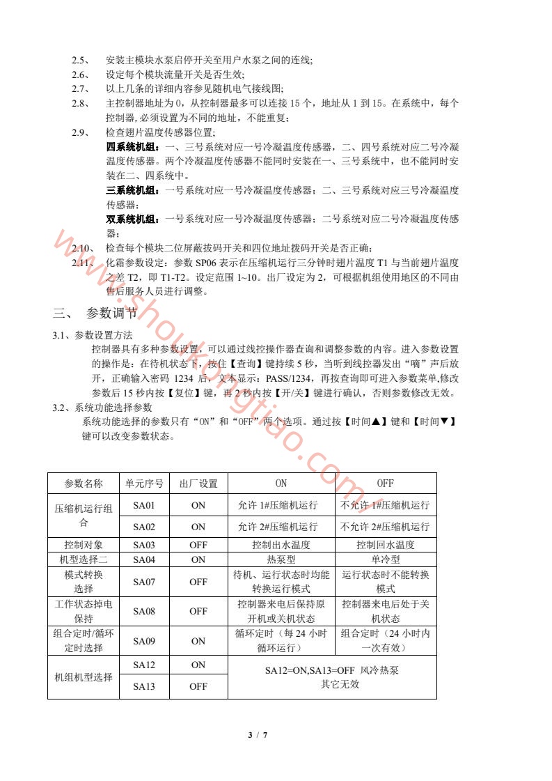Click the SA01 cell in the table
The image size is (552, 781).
(x=143, y=505)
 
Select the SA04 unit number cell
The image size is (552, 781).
(x=143, y=559)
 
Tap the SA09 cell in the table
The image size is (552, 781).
(x=143, y=641)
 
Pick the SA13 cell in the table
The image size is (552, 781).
(x=143, y=686)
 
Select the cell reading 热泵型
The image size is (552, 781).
(x=281, y=559)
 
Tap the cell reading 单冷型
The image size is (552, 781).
(x=386, y=559)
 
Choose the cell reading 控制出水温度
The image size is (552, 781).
(x=281, y=545)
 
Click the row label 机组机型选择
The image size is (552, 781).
(x=84, y=676)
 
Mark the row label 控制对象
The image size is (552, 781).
(x=84, y=545)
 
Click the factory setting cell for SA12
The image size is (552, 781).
(x=198, y=665)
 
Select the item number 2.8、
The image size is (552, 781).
(x=81, y=104)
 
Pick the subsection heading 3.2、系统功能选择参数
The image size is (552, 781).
(x=103, y=408)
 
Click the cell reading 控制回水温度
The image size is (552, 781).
(x=386, y=545)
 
